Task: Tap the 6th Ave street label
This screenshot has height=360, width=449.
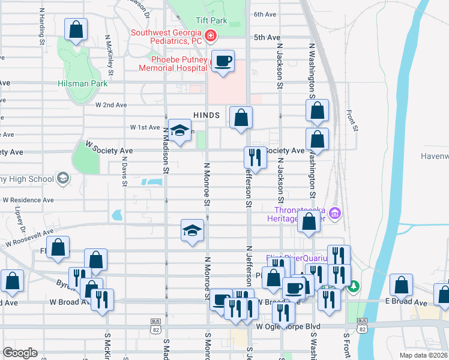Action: (x=264, y=14)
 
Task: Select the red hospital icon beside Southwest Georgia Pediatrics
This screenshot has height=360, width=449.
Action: (x=210, y=37)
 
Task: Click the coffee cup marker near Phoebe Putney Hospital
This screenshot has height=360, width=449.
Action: (x=223, y=62)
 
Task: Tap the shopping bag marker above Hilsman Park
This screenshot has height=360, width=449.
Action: (x=76, y=30)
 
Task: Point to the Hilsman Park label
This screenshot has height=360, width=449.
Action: (x=83, y=83)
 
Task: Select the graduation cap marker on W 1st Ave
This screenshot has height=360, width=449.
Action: (x=179, y=131)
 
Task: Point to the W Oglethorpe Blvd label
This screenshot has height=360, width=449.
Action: (x=288, y=326)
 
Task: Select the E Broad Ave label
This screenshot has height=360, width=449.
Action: (x=411, y=304)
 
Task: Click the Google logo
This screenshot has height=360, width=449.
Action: (x=20, y=353)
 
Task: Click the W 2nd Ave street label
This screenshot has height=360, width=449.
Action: (x=111, y=104)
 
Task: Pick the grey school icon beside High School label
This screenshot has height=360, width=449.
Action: (x=62, y=178)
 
